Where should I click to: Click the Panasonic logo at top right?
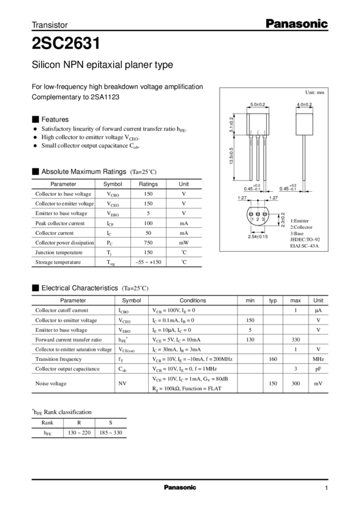click(297, 24)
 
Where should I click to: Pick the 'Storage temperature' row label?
click(63, 262)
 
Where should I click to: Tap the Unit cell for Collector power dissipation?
click(184, 243)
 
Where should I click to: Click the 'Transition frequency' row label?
click(58, 359)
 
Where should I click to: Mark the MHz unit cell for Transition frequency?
click(318, 359)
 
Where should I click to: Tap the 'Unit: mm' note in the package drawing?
click(316, 93)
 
